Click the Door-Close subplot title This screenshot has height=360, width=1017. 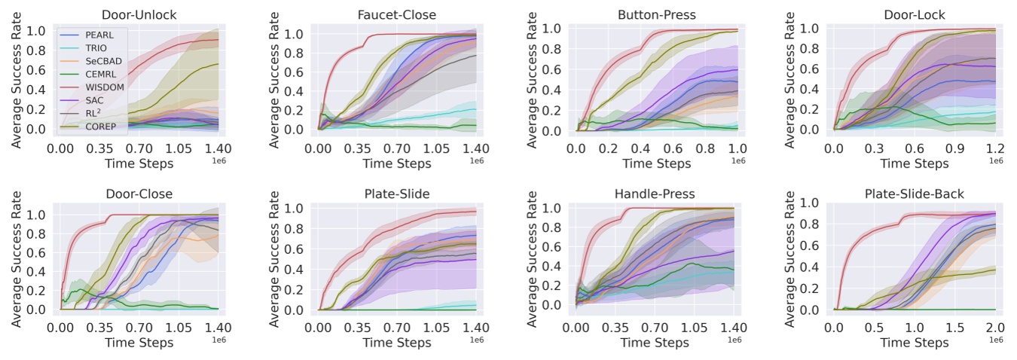point(139,194)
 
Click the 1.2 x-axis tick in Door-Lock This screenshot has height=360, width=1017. point(994,149)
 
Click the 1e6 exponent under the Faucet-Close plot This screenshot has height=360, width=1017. point(478,160)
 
